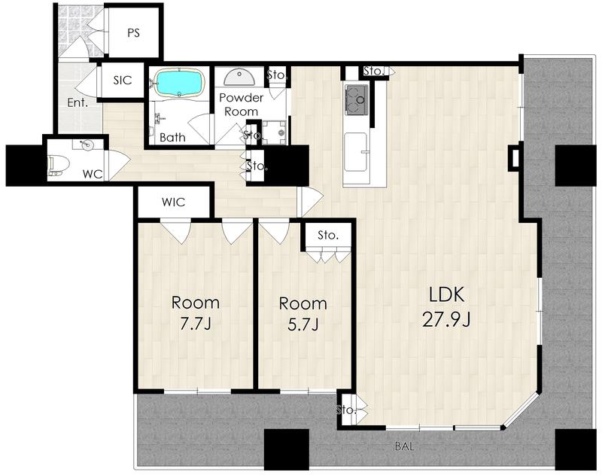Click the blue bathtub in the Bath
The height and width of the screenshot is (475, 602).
(178, 83)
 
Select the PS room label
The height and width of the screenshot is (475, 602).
(133, 33)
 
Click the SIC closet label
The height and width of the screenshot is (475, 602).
(123, 81)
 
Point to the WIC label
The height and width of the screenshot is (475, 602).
(174, 202)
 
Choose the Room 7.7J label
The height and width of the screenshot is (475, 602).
(196, 313)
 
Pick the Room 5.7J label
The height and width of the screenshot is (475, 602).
(303, 314)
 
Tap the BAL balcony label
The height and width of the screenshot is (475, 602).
(405, 446)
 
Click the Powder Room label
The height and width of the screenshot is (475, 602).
(241, 105)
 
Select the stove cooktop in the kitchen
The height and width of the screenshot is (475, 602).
(357, 100)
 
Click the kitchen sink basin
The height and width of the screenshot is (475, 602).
(355, 152)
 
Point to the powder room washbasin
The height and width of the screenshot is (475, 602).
(239, 78)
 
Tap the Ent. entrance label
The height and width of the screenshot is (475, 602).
(78, 103)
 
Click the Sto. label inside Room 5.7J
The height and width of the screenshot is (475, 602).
(328, 235)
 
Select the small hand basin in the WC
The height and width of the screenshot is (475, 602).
(86, 145)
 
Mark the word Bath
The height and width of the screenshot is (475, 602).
(172, 137)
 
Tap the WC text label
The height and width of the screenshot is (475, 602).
(93, 175)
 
